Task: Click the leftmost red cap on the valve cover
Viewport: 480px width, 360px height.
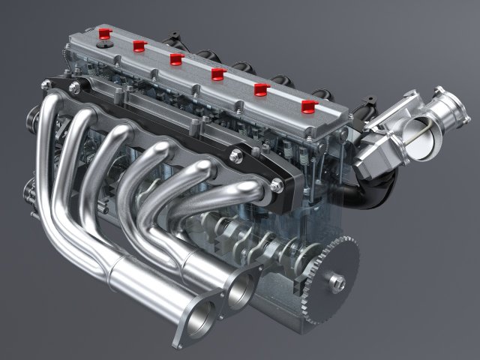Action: [x=103, y=33]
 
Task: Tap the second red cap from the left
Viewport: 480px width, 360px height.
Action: [x=139, y=46]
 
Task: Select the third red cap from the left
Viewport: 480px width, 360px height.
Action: [x=177, y=58]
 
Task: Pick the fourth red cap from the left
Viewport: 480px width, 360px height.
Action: [x=218, y=73]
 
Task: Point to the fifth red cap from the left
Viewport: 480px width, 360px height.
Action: [x=261, y=89]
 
